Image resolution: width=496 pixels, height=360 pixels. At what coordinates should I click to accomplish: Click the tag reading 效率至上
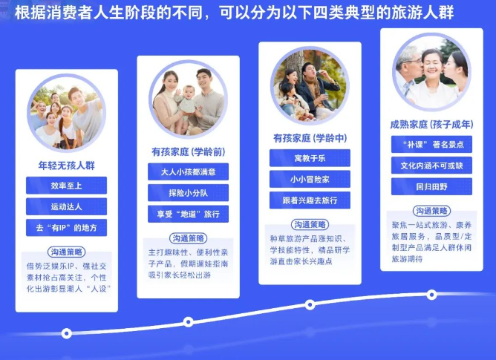pos(66,186)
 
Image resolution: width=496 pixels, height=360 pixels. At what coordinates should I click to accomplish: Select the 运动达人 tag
pos(66,206)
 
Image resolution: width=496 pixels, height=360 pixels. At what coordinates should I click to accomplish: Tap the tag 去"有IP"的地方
pos(66,227)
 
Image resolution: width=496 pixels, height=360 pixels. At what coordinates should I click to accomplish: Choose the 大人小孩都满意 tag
pos(187,172)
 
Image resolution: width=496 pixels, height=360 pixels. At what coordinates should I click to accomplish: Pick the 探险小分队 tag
pos(187,193)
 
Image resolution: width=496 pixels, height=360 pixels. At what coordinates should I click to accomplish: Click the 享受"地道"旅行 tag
pos(187,214)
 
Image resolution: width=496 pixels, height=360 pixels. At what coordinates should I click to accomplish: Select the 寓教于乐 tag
pos(309,159)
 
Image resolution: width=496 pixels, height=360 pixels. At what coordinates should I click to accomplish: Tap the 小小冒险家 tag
pos(309,180)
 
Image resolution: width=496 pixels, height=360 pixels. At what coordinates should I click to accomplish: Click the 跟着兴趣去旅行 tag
pos(309,200)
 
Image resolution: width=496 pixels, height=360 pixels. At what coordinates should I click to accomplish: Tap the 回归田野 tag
pos(431,186)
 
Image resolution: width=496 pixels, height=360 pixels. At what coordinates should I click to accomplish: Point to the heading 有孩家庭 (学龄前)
pos(187,151)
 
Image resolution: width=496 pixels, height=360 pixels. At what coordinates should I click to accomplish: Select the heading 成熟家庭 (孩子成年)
pos(431,125)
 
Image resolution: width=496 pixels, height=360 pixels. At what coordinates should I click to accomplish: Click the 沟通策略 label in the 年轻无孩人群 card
pos(66,251)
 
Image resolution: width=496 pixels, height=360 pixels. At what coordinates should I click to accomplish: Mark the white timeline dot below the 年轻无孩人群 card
pos(67,333)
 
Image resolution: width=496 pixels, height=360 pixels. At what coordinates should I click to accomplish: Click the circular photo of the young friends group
pos(66,115)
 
